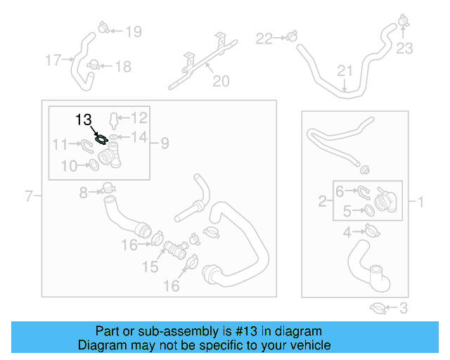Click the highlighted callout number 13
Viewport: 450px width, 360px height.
(84, 120)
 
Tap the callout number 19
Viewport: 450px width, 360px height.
(133, 31)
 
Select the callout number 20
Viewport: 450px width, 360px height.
(221, 82)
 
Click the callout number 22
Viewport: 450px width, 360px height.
(263, 38)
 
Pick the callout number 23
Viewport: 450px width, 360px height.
(404, 49)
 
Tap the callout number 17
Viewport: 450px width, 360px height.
(53, 60)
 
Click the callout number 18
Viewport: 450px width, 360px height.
(122, 67)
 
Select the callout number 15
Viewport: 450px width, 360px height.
(150, 266)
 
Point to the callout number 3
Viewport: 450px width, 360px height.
(403, 307)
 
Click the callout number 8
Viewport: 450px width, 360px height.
(84, 192)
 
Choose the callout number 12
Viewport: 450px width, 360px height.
(139, 117)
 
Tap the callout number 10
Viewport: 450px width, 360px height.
(69, 166)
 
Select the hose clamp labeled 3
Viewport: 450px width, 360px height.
(378, 307)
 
